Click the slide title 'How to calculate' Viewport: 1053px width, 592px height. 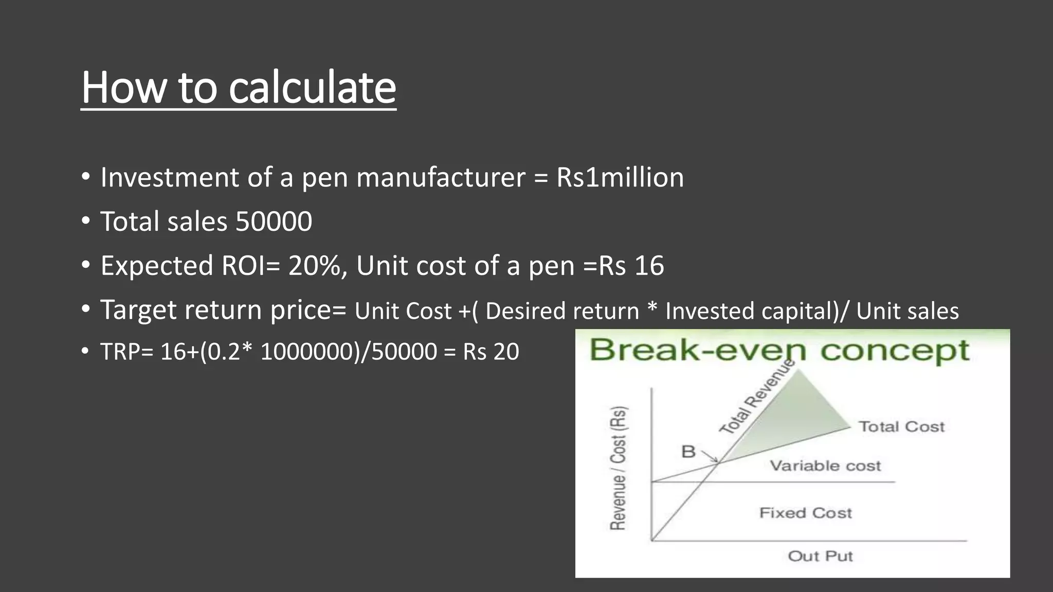(x=239, y=87)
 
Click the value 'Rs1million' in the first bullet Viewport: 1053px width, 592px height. (x=620, y=178)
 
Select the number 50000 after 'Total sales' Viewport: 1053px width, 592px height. (x=274, y=221)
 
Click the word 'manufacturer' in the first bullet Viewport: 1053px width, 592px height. (x=441, y=178)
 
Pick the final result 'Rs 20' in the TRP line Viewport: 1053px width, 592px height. (x=491, y=352)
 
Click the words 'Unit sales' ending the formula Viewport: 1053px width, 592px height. (x=907, y=311)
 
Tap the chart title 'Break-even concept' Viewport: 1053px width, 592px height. (x=779, y=350)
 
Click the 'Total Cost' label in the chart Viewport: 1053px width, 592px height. (x=901, y=427)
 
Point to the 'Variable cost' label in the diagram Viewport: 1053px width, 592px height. (x=825, y=466)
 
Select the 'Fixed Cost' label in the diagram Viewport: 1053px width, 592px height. (x=805, y=513)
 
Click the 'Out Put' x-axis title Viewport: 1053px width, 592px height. (x=820, y=556)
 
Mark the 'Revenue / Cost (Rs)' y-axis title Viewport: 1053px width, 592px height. (x=618, y=468)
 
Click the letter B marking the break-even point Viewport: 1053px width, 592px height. (x=688, y=452)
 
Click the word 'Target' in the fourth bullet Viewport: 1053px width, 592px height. (x=138, y=310)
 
